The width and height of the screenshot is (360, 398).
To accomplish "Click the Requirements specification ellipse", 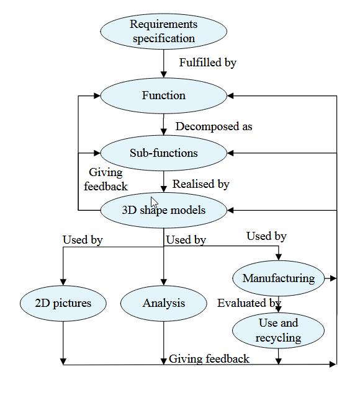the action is click(164, 32).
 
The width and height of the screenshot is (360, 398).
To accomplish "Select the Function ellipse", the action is click(164, 95).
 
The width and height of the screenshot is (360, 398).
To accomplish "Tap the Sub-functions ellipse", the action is click(164, 153).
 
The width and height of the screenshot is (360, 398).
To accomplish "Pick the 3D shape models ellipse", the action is click(164, 210).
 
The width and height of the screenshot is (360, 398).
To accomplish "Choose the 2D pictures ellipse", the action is click(63, 303).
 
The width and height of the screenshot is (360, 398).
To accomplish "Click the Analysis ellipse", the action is click(164, 303).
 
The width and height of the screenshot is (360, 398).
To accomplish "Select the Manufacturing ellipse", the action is click(279, 278).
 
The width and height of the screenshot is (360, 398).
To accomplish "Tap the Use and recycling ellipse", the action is click(279, 330).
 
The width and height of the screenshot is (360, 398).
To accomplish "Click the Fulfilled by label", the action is click(208, 63).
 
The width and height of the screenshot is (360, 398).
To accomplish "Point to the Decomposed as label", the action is click(214, 126).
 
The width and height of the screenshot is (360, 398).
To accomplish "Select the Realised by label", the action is click(201, 184).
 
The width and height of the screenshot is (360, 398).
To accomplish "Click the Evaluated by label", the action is click(250, 303).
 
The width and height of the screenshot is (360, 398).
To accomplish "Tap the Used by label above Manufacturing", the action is click(266, 236).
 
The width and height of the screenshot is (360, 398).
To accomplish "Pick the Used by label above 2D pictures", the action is click(83, 240).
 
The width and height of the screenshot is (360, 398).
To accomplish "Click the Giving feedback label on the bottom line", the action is click(209, 359).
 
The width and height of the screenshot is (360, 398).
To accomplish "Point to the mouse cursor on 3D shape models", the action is click(154, 202).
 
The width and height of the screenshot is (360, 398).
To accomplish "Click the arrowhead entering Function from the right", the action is click(230, 95).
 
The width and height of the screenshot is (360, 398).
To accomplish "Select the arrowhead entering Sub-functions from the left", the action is click(97, 153).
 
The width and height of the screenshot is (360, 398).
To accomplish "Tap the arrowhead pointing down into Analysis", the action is click(164, 282).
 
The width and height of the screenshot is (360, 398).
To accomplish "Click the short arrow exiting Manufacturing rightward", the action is click(331, 278).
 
